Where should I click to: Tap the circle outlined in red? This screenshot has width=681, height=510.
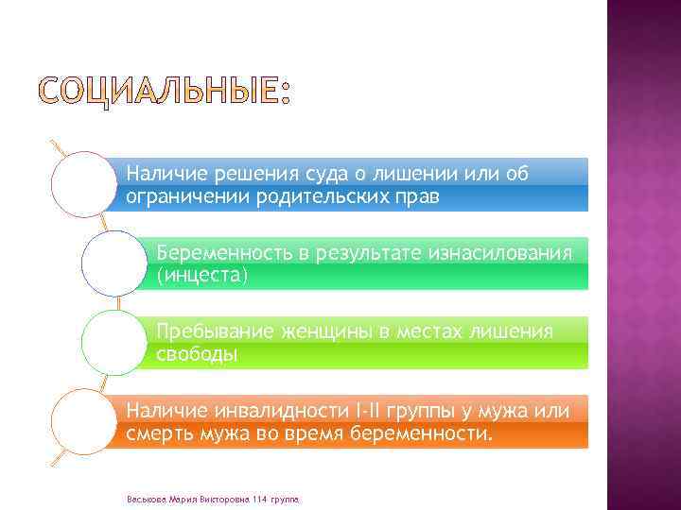84,184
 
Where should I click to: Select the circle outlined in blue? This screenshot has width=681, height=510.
114,263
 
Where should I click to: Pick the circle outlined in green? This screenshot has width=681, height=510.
114,343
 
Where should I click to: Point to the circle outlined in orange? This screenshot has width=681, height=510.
84,422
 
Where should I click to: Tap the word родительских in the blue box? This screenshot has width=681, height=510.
324,196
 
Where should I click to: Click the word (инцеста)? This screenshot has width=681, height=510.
201,276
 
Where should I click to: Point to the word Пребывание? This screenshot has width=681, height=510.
214,332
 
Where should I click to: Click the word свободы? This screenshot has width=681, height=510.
197,355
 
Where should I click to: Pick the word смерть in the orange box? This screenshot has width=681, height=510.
158,434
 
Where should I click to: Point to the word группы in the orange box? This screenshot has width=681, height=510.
423,412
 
